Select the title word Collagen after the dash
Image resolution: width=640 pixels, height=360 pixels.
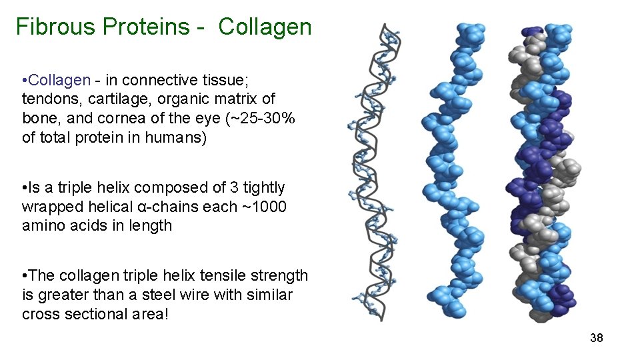click(265, 27)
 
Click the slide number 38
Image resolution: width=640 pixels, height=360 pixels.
click(596, 338)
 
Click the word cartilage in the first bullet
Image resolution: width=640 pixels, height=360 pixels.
click(112, 99)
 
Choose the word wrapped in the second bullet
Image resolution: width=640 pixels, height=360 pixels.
click(51, 207)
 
